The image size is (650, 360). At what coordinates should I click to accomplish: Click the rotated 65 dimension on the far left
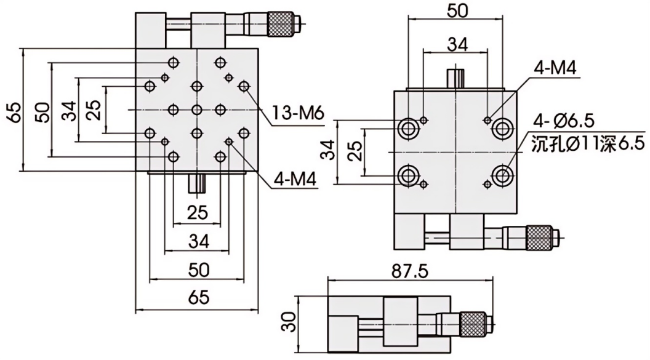[x=15, y=110]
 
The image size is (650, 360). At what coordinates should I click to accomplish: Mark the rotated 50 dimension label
[x=42, y=110]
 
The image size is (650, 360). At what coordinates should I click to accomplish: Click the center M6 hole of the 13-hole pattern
[x=196, y=110]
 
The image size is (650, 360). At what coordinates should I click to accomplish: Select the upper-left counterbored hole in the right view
[x=407, y=128]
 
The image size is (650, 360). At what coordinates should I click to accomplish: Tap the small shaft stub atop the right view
[x=456, y=79]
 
